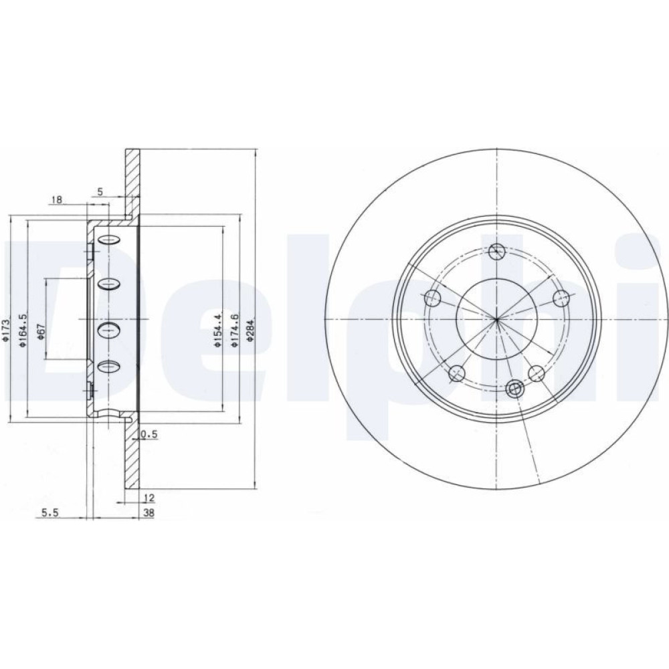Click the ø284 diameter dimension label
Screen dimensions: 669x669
click(x=250, y=330)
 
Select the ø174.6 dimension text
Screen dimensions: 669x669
click(x=234, y=329)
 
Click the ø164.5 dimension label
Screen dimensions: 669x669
click(x=23, y=330)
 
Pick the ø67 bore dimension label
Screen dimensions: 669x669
click(x=41, y=331)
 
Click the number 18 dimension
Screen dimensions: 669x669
click(x=56, y=199)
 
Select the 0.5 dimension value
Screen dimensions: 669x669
click(x=149, y=434)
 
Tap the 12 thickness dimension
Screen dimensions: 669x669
click(x=149, y=497)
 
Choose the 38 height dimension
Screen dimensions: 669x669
click(x=149, y=513)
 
